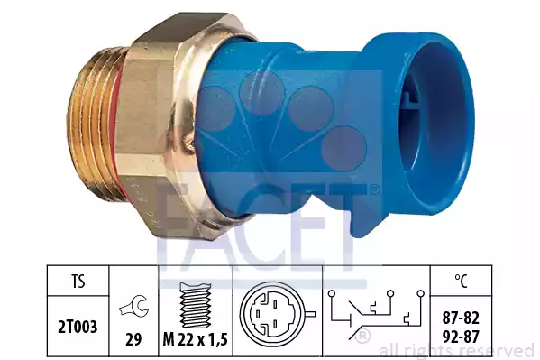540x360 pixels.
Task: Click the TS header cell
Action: pyautogui.click(x=78, y=281)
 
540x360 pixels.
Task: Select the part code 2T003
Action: pyautogui.click(x=78, y=327)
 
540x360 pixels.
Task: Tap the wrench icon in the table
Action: pyautogui.click(x=134, y=306)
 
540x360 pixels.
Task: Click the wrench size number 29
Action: pyautogui.click(x=133, y=339)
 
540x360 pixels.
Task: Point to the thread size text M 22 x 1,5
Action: pyautogui.click(x=196, y=340)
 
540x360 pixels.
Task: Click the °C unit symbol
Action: pyautogui.click(x=462, y=281)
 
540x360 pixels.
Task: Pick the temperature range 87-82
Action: pyautogui.click(x=461, y=318)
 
